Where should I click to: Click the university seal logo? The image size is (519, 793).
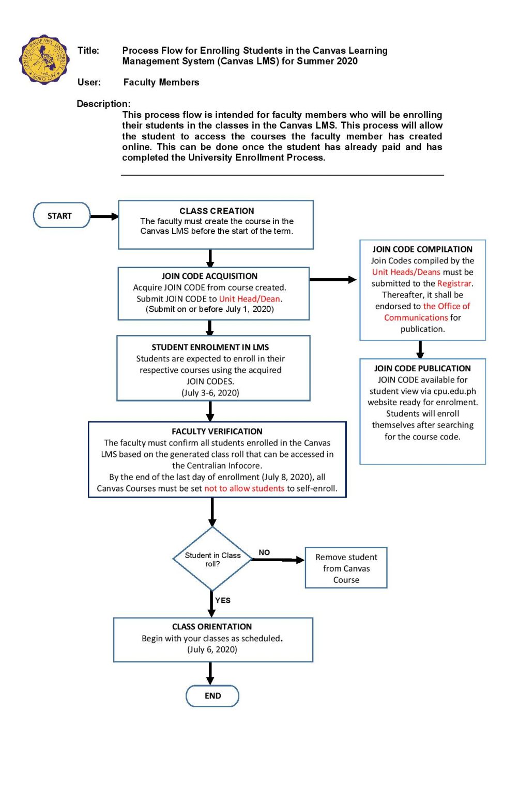coord(44,60)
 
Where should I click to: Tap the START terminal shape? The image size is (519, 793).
coord(61,216)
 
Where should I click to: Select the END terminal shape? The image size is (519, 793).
coord(212,695)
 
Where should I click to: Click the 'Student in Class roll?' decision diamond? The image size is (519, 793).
coord(212,559)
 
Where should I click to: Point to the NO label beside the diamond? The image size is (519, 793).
coord(264,552)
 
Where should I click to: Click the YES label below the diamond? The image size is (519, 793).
coord(223,600)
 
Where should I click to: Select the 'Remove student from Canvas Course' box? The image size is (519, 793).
coord(346,568)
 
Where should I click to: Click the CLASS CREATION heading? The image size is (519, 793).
coord(217,211)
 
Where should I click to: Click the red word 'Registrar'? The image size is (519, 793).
coord(454,283)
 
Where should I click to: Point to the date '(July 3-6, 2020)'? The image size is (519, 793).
coord(210,392)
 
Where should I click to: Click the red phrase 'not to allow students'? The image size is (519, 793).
coord(244,488)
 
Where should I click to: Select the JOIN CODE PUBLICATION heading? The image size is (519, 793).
coord(422,368)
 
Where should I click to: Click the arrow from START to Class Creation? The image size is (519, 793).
coord(104,216)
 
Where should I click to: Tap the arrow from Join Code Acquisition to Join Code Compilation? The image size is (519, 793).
coord(333,279)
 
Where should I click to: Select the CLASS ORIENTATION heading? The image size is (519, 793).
coord(212,626)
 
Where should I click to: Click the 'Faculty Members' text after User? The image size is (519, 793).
coord(161,82)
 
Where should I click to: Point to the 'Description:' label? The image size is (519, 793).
coord(103,104)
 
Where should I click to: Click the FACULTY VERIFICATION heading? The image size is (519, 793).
coord(217,431)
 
